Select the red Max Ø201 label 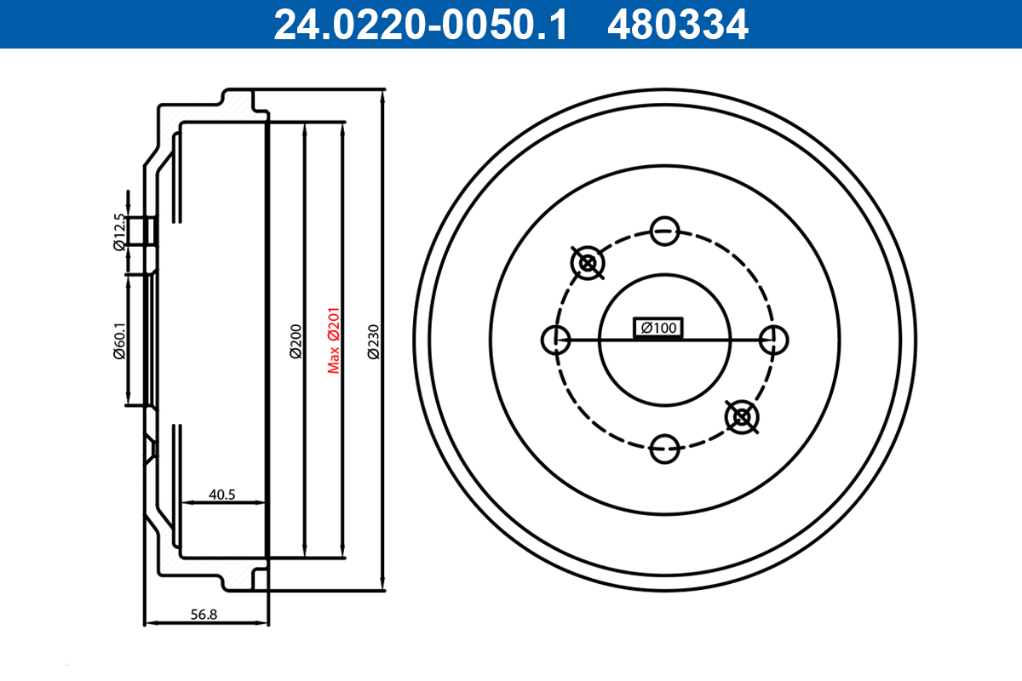click(x=334, y=340)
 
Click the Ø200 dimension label click(x=296, y=340)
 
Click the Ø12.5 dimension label click(x=119, y=232)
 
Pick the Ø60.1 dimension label click(x=119, y=340)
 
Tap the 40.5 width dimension click(x=221, y=494)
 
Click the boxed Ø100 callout click(x=658, y=328)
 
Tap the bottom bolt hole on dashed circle click(x=664, y=449)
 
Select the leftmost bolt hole click(x=555, y=340)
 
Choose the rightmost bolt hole click(x=773, y=340)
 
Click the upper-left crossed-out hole click(x=587, y=263)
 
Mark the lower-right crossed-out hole click(x=742, y=416)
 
